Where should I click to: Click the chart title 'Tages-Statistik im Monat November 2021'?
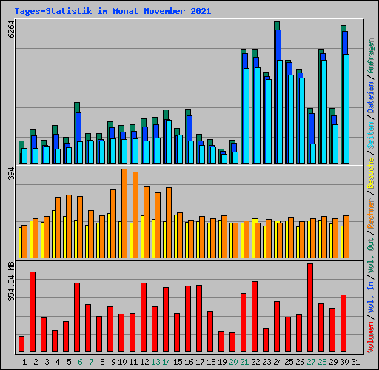pos(113,11)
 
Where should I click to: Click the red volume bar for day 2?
pos(33,312)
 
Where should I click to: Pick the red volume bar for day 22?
pos(255,317)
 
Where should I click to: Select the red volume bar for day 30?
pos(343,323)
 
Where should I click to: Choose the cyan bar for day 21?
pos(246,115)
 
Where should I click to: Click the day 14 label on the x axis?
pos(167,362)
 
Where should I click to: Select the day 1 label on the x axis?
pos(24,362)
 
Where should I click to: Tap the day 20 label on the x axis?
pos(233,362)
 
